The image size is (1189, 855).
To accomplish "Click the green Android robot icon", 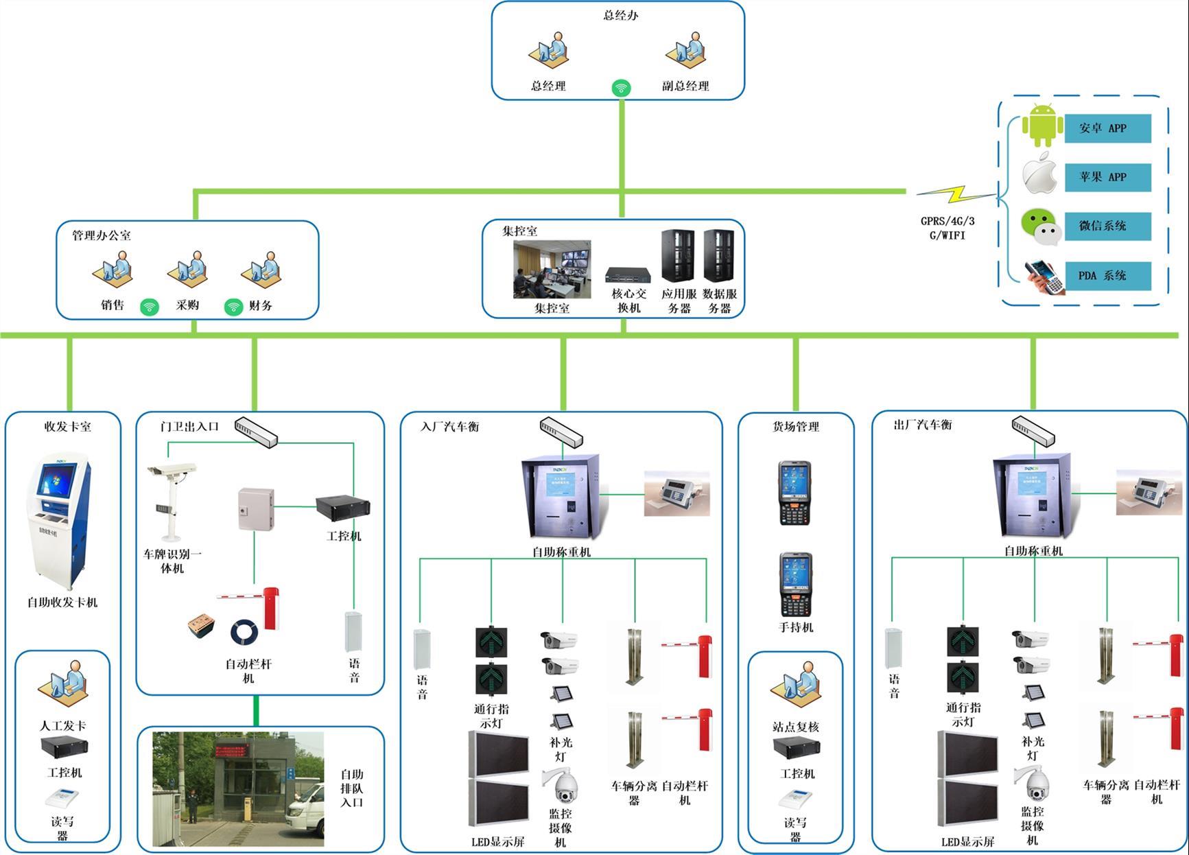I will pos(1042,125).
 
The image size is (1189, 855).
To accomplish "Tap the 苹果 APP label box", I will pos(1107,177).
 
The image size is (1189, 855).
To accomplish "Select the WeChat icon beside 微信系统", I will pos(1041,226).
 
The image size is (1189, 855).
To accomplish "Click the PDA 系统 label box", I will pos(1107,276).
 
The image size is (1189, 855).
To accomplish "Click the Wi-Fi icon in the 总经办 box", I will pos(621,88).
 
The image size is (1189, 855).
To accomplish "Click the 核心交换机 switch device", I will pos(628,275).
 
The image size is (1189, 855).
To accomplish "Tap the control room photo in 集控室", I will pos(552,269).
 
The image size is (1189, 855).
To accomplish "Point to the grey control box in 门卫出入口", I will pos(255,508).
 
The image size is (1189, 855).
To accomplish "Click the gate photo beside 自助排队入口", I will pos(237,788).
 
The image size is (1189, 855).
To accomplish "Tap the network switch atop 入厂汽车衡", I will pos(561,432).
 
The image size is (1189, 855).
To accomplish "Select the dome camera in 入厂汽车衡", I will pos(561,786).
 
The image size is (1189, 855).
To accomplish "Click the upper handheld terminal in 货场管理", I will pos(794,493).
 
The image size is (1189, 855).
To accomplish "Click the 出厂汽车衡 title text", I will pos(923,425).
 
